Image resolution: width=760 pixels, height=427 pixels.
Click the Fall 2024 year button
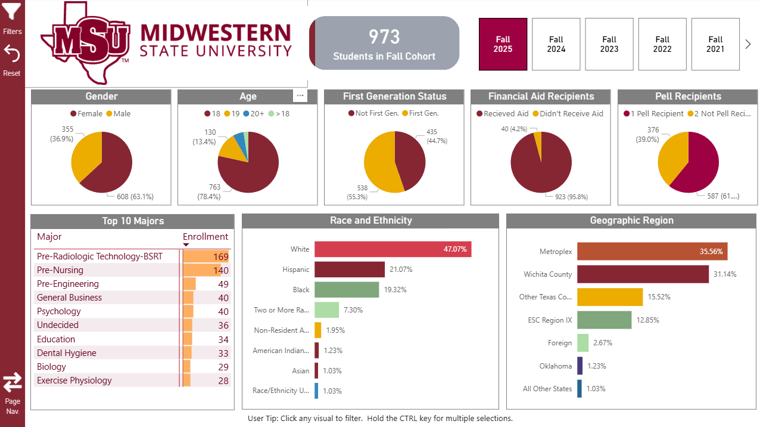[x=556, y=44]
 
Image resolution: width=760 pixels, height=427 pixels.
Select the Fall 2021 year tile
[x=715, y=44]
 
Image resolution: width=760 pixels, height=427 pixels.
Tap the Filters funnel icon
[x=12, y=12]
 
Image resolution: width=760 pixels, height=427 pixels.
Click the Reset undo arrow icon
[x=12, y=54]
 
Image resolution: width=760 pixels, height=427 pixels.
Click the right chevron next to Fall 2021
[x=748, y=44]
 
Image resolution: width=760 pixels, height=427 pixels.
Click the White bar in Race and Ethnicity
[x=393, y=249]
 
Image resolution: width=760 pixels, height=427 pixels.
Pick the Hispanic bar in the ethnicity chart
[x=349, y=270]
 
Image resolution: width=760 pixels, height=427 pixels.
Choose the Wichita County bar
[x=643, y=274]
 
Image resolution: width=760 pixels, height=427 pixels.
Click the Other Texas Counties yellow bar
[x=609, y=297]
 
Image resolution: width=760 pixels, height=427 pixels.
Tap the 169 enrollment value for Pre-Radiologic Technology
[x=220, y=257]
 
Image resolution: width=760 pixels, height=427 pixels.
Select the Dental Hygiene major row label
[x=67, y=353]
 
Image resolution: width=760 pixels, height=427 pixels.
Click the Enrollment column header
[x=205, y=237]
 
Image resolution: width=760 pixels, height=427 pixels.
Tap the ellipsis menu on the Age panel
[x=300, y=95]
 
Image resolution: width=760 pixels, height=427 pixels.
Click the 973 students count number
[x=384, y=37]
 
